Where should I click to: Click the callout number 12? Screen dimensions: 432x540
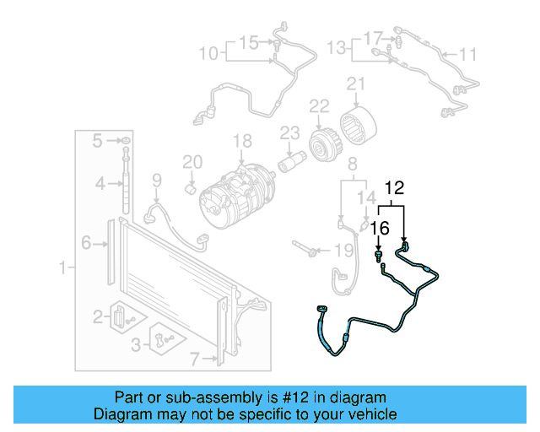(x=396, y=187)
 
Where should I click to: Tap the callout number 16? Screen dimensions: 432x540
(x=380, y=227)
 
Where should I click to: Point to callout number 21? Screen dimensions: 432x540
(x=355, y=83)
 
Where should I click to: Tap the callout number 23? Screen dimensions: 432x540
(x=289, y=132)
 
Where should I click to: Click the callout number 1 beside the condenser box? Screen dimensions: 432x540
(x=62, y=268)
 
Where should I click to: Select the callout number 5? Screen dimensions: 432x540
(x=98, y=139)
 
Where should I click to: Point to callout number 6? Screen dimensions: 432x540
(x=87, y=243)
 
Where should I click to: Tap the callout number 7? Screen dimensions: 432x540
(x=195, y=359)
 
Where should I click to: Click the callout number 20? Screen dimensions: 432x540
(x=192, y=161)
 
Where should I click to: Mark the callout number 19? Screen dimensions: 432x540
(x=342, y=250)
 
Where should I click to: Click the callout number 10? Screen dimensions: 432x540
(x=208, y=54)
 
